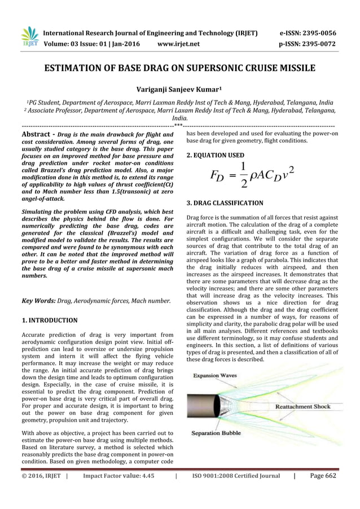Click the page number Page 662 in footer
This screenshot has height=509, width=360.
(323, 476)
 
